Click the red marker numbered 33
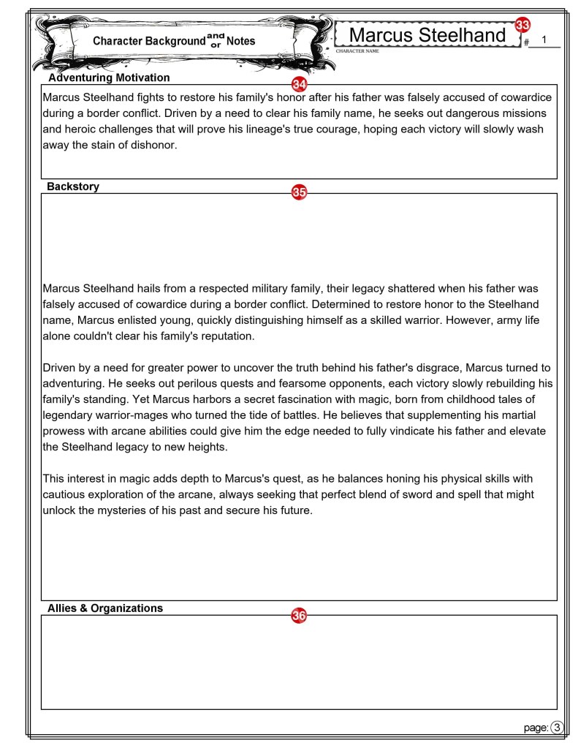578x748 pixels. pyautogui.click(x=522, y=26)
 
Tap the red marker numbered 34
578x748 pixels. pyautogui.click(x=299, y=84)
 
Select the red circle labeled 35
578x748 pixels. pyautogui.click(x=299, y=192)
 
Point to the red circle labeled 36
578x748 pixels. pyautogui.click(x=299, y=616)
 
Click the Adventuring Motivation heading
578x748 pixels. pyautogui.click(x=108, y=78)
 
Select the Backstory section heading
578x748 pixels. pyautogui.click(x=73, y=186)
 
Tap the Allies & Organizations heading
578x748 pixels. pyautogui.click(x=105, y=608)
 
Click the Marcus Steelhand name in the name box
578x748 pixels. pyautogui.click(x=427, y=35)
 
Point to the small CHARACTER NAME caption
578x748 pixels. pyautogui.click(x=357, y=52)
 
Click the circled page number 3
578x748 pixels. pyautogui.click(x=558, y=727)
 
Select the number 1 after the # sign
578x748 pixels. pyautogui.click(x=544, y=41)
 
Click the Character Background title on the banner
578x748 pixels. pyautogui.click(x=149, y=42)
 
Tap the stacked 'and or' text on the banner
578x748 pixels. pyautogui.click(x=215, y=39)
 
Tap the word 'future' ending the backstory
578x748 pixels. pyautogui.click(x=292, y=510)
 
